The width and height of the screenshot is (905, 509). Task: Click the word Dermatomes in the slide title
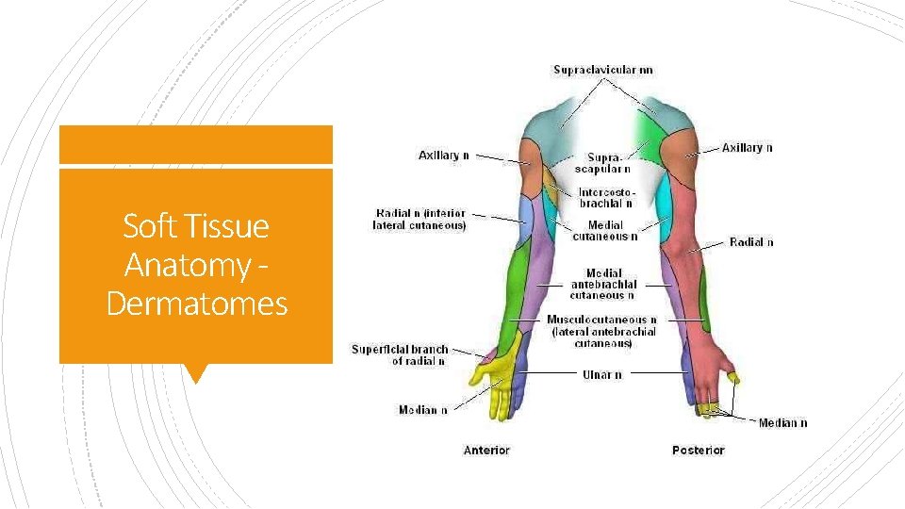click(x=197, y=304)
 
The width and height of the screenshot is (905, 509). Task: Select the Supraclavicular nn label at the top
click(x=602, y=70)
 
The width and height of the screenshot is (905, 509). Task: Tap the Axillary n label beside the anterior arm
click(x=443, y=156)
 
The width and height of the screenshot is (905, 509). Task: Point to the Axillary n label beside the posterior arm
click(x=747, y=147)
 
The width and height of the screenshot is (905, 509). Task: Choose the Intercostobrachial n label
click(x=605, y=198)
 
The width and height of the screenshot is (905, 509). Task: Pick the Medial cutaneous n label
click(x=604, y=231)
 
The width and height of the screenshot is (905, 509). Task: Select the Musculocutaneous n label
click(x=602, y=331)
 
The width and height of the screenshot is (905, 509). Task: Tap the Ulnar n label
click(x=601, y=374)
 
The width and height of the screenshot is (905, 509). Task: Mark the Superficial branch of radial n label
click(x=400, y=354)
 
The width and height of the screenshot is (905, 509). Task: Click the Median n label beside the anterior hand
click(x=422, y=410)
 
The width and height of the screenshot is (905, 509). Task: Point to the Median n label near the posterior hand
click(x=782, y=423)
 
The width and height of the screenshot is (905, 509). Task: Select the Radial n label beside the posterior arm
click(x=751, y=242)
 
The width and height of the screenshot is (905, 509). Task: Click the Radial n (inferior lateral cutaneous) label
click(x=420, y=220)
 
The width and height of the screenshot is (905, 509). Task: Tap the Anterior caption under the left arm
click(x=486, y=451)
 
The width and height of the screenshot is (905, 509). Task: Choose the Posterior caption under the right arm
click(x=698, y=451)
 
